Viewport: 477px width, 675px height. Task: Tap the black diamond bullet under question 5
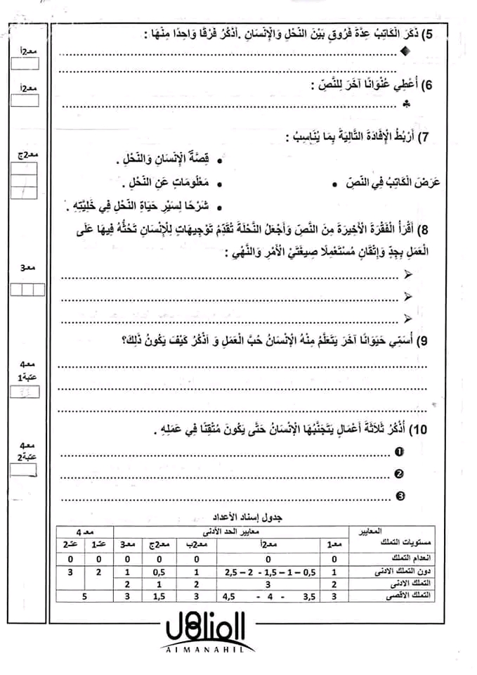[403, 51]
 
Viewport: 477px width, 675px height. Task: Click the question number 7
[433, 136]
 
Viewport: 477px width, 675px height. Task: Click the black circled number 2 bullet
[400, 474]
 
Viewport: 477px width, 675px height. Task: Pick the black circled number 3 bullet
[400, 496]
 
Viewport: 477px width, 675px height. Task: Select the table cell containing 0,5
[159, 573]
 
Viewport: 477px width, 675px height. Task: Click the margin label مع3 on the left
[28, 268]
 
